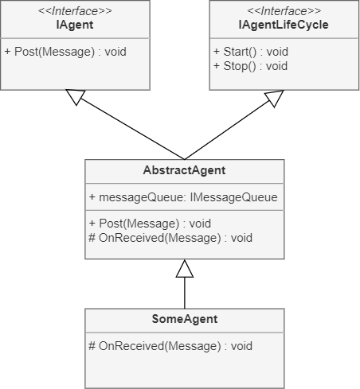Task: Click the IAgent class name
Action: (x=75, y=25)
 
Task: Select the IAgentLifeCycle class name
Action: (x=284, y=25)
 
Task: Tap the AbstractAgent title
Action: (x=184, y=170)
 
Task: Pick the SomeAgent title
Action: (x=185, y=319)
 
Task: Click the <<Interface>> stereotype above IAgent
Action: (x=75, y=11)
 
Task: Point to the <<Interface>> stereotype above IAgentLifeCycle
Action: (x=284, y=11)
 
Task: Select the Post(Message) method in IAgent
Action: (x=65, y=52)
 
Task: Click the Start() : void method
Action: (x=251, y=52)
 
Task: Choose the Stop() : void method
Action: (x=250, y=66)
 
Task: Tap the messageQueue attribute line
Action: (x=183, y=197)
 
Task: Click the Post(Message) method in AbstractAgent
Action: (x=150, y=224)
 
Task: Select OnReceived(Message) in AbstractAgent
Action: (x=170, y=238)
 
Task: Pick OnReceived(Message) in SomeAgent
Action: (x=170, y=346)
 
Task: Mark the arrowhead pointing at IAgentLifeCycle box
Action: (x=275, y=98)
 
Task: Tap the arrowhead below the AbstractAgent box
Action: (x=185, y=268)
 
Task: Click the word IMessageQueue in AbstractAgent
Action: (x=234, y=197)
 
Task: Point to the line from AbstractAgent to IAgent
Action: (x=132, y=129)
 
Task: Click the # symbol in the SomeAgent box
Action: (x=92, y=346)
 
